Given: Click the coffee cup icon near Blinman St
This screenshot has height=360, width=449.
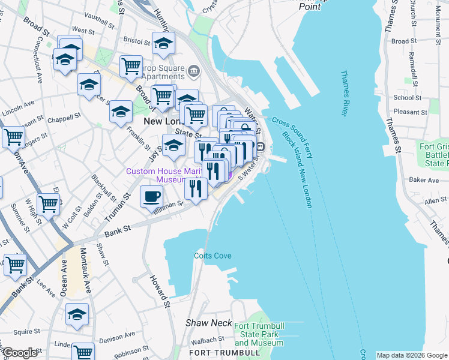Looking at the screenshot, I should coord(151,196).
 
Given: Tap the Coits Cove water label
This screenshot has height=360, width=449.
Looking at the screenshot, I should coord(212,256).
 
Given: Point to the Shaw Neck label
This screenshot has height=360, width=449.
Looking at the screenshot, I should coord(208,323).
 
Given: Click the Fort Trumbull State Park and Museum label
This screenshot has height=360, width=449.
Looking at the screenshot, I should coord(259,334).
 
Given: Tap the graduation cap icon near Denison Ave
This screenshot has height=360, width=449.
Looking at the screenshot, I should coord(77,314).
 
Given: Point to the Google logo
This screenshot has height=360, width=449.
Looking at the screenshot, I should coord(19,353).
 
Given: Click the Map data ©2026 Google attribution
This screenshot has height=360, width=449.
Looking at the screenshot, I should coord(412,355).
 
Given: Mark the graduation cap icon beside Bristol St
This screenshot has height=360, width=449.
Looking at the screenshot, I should coord(163,43).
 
